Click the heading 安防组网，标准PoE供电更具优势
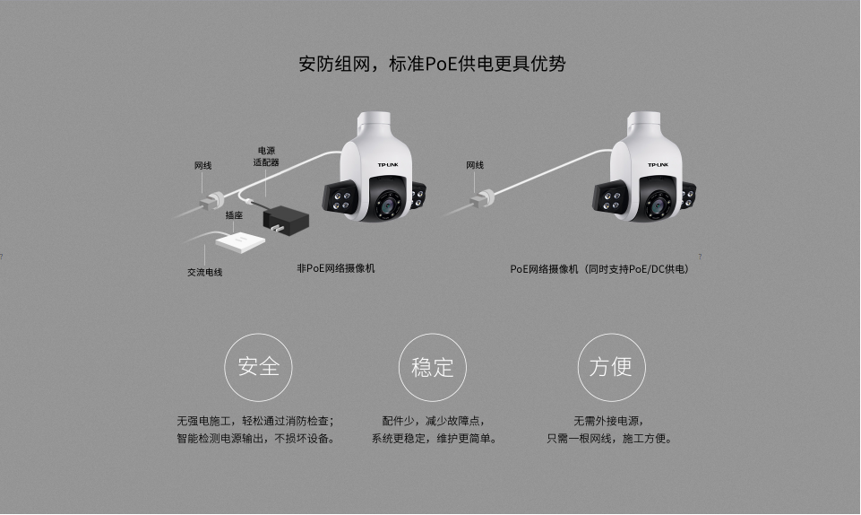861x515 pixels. [432, 64]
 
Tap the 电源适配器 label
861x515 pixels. [266, 156]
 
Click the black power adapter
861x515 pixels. [286, 221]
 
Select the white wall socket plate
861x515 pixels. [240, 240]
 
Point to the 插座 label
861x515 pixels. [234, 215]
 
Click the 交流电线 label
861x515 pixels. [205, 272]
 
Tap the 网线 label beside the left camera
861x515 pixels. [202, 165]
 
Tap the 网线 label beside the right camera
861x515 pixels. [475, 165]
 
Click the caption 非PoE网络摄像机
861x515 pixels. [335, 268]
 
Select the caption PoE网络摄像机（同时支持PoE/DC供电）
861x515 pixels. [600, 269]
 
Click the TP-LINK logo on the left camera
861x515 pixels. [388, 164]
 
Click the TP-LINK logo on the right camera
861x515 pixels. [658, 164]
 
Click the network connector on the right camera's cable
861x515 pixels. [483, 198]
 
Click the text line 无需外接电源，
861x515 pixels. [609, 421]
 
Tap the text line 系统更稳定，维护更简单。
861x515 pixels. [434, 439]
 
